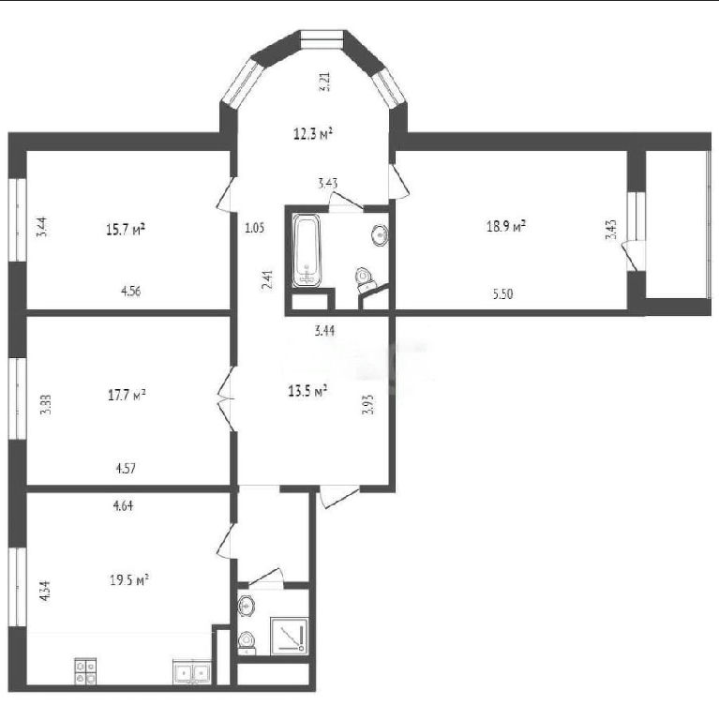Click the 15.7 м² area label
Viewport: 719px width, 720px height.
[126, 229]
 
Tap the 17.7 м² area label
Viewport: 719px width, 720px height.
[127, 395]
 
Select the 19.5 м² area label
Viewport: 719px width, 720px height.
[129, 580]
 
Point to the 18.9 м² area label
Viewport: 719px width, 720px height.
[506, 226]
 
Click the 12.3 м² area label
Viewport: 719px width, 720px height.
[313, 134]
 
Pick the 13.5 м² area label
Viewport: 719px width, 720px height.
[307, 391]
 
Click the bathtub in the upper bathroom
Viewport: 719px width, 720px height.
[307, 250]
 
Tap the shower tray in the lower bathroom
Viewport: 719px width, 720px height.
[289, 636]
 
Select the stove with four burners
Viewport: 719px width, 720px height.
[85, 672]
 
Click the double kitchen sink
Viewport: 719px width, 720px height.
[192, 672]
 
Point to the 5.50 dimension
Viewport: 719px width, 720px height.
[502, 293]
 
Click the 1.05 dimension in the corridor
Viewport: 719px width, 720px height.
[254, 228]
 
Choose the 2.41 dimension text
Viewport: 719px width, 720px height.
[267, 279]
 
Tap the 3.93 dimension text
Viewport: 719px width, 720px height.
[368, 405]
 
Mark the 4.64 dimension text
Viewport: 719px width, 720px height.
[123, 505]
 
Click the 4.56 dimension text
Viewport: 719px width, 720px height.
[131, 292]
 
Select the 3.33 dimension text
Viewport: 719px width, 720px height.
[45, 405]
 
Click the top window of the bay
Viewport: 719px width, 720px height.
[322, 39]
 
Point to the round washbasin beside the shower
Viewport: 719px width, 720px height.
[247, 606]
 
